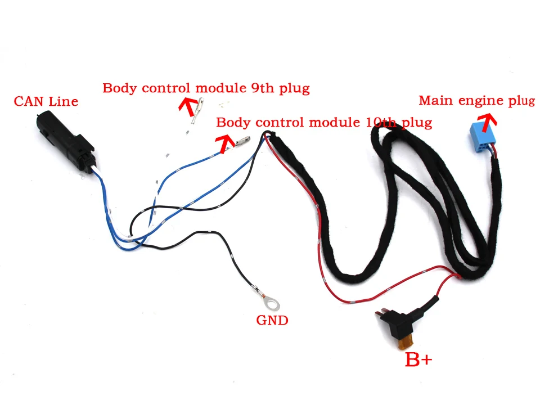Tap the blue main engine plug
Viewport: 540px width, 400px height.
(x=484, y=140)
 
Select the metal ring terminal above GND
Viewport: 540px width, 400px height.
(x=273, y=304)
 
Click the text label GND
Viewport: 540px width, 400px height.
(x=272, y=321)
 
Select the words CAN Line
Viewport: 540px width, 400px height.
(x=46, y=102)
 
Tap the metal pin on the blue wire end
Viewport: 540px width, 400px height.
(x=242, y=141)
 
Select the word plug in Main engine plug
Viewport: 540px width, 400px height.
(x=521, y=101)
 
